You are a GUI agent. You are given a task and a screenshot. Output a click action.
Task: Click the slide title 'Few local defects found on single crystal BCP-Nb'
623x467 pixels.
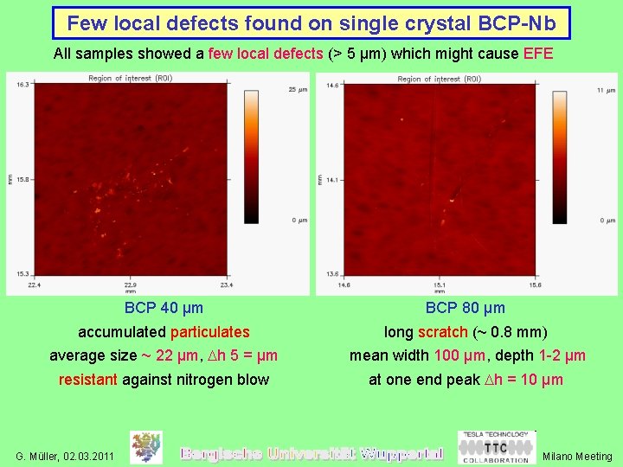tap(311, 23)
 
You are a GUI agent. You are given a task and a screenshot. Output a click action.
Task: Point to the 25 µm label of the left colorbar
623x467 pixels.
tap(298, 89)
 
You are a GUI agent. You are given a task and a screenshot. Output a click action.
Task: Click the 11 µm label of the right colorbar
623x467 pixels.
tap(607, 89)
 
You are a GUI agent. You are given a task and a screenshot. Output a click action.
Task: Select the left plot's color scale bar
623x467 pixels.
tap(252, 156)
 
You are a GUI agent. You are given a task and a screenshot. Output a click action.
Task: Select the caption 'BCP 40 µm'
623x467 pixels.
tap(164, 308)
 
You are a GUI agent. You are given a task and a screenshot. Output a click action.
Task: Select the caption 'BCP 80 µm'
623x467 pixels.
tap(466, 308)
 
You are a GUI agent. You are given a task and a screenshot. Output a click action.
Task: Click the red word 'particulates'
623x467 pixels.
tap(209, 332)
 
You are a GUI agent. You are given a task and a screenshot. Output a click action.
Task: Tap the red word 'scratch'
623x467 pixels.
tap(442, 332)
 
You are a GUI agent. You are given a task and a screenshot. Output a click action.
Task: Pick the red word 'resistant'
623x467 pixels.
tap(88, 380)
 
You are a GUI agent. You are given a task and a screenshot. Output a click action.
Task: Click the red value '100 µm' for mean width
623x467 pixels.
tap(459, 355)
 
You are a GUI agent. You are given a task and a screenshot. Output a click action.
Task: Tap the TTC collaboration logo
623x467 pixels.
tap(496, 447)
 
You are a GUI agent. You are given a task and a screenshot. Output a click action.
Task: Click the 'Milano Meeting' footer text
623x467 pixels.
tap(576, 456)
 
